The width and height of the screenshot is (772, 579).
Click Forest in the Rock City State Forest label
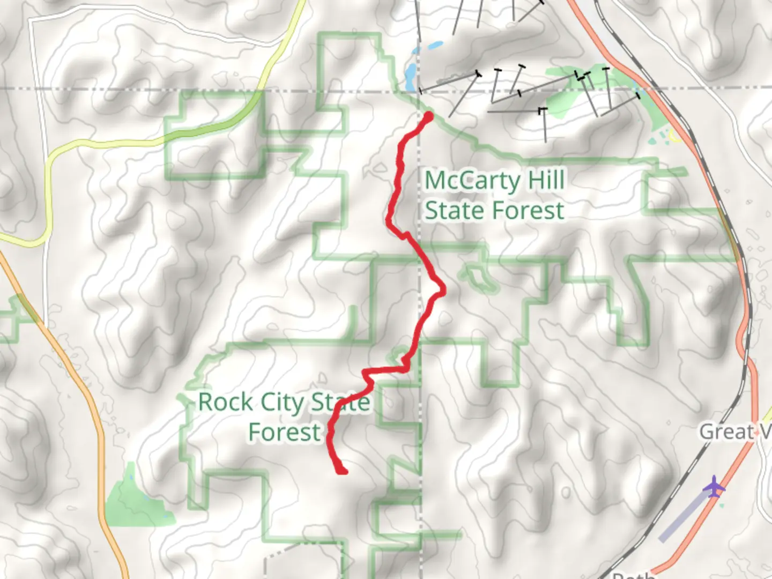tap(285, 432)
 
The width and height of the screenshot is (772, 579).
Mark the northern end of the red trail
tap(428, 115)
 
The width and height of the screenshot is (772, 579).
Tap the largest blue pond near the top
tap(410, 72)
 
